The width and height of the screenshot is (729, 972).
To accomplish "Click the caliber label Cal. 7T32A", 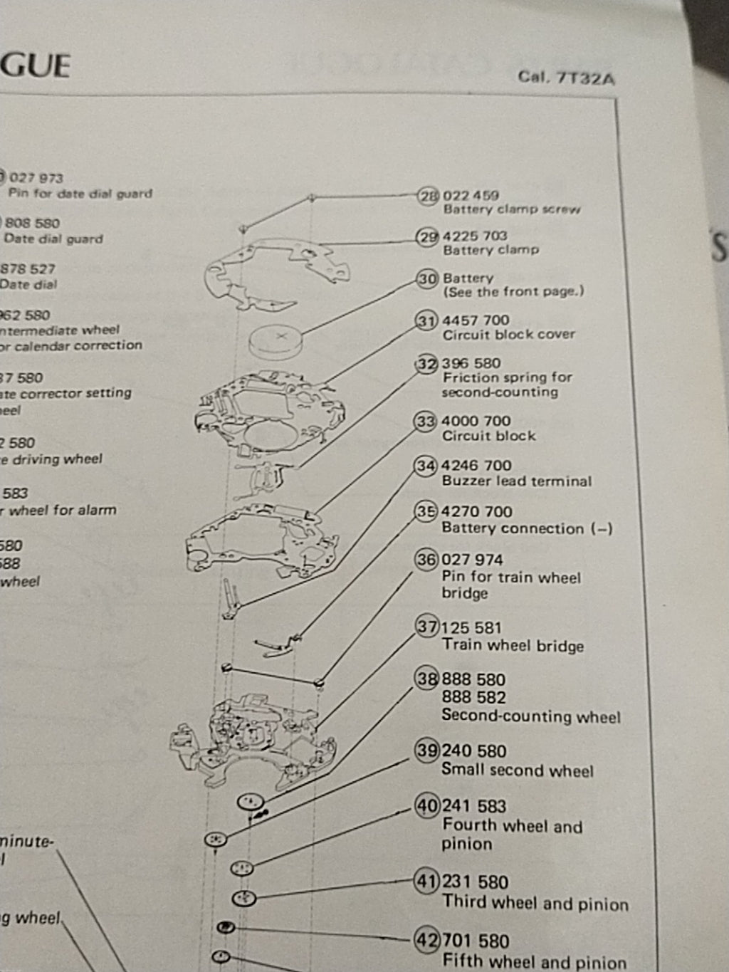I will pyautogui.click(x=566, y=77).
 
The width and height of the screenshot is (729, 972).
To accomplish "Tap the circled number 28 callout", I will pyautogui.click(x=428, y=196).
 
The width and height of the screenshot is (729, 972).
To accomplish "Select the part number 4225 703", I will pyautogui.click(x=475, y=236).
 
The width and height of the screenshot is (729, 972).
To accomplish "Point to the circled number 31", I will pyautogui.click(x=426, y=321).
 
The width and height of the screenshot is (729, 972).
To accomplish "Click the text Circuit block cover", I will pyautogui.click(x=508, y=335).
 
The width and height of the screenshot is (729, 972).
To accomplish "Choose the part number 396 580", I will pyautogui.click(x=471, y=363).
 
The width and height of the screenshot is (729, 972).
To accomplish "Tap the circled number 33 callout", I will pyautogui.click(x=425, y=422).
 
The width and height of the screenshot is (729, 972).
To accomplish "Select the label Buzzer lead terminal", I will pyautogui.click(x=516, y=481).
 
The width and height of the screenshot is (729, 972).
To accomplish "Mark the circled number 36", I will pyautogui.click(x=426, y=560).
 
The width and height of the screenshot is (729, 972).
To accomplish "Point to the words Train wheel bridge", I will pyautogui.click(x=513, y=646).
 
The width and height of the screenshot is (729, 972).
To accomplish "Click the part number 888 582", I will pyautogui.click(x=473, y=698).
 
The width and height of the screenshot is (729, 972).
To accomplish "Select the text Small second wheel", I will pyautogui.click(x=517, y=770).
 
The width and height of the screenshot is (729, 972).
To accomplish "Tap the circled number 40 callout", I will pyautogui.click(x=427, y=806).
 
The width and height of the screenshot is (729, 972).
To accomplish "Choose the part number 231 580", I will pyautogui.click(x=475, y=882).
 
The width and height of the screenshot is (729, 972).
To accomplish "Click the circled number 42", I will pyautogui.click(x=427, y=941).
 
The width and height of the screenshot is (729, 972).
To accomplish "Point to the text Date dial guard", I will pyautogui.click(x=53, y=239).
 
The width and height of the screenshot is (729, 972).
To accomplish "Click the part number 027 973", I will pyautogui.click(x=36, y=178).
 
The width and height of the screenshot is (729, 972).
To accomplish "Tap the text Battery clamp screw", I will pyautogui.click(x=511, y=210).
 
